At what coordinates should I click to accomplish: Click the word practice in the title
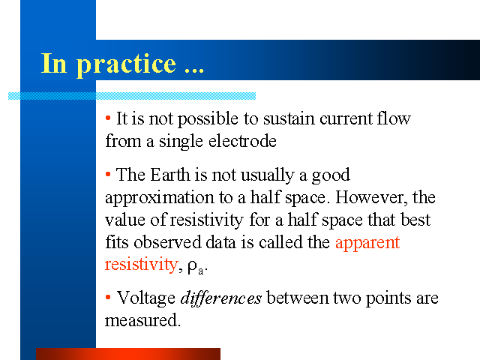pos(126,64)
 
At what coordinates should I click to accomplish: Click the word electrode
pos(242,141)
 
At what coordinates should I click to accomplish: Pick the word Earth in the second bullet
pos(170,175)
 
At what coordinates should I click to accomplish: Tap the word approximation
pos(159,198)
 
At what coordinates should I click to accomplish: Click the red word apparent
pos(367,244)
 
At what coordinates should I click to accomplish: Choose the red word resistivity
pos(142,265)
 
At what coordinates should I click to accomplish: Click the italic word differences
pos(221,298)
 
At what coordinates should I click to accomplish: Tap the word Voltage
pos(146,298)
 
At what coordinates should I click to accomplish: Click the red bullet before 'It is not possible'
pos(108,118)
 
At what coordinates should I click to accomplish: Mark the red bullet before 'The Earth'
pos(108,175)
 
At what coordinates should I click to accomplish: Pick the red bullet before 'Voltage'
pos(108,297)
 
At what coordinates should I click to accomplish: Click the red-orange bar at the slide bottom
pos(128,354)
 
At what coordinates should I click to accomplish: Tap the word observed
pos(167,242)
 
